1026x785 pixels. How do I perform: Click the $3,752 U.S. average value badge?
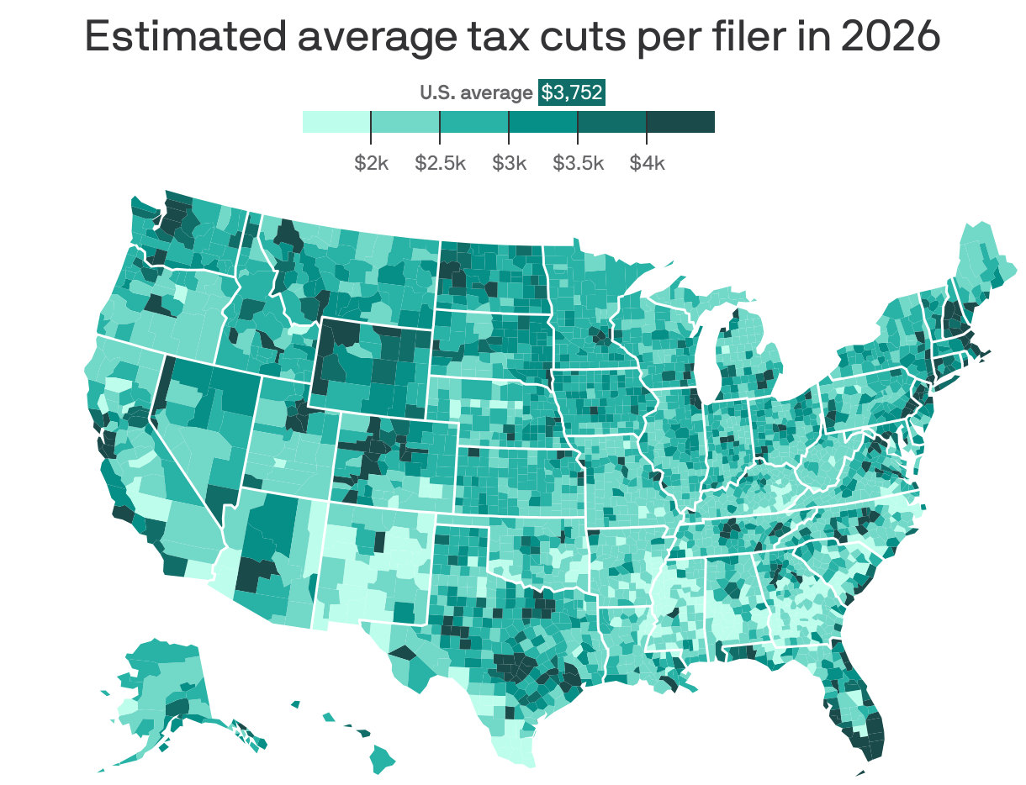(572, 92)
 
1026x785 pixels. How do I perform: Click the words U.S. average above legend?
(476, 93)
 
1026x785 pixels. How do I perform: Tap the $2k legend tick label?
(371, 163)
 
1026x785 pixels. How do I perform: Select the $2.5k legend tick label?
(440, 163)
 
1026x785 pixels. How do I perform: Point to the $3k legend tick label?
(509, 163)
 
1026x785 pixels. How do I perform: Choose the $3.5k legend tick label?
(578, 163)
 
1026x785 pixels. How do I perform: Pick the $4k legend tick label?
(647, 163)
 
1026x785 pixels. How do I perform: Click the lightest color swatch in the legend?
(336, 122)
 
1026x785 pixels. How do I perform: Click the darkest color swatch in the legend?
(680, 122)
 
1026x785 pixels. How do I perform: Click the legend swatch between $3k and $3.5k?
(543, 122)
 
